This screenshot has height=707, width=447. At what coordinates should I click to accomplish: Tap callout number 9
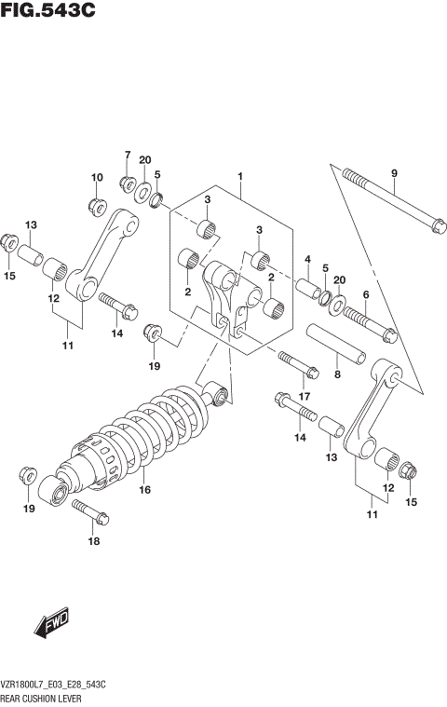(394, 173)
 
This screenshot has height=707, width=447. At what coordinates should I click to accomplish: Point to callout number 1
(239, 176)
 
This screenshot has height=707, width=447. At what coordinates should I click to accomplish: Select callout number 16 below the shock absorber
(145, 489)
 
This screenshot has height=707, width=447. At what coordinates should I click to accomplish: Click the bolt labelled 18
(89, 510)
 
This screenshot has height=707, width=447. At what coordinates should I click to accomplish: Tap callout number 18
(91, 540)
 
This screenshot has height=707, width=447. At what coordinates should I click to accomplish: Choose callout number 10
(96, 177)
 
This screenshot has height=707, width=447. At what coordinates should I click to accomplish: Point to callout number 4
(306, 259)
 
